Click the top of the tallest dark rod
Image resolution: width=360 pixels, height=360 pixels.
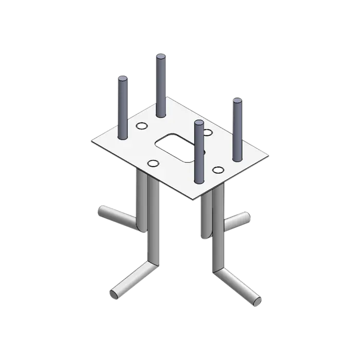(161, 57)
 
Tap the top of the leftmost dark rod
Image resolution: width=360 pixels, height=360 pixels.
(123, 79)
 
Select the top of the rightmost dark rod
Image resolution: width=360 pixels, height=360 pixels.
(237, 101)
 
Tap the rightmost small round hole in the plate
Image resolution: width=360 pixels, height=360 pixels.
(218, 169)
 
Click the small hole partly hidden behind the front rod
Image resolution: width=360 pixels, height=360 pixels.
(207, 133)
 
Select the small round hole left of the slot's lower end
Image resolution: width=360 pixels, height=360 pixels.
(153, 164)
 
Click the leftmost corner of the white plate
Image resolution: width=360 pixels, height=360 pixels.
(92, 140)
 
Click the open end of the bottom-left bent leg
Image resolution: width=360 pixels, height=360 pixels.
(114, 294)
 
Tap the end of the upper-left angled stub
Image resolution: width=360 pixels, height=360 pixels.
(101, 211)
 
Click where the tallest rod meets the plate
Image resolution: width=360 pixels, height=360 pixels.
(161, 114)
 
